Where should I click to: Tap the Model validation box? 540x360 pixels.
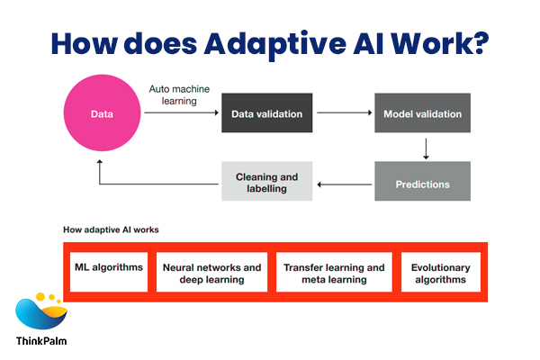[422, 114]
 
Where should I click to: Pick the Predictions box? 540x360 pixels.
[422, 183]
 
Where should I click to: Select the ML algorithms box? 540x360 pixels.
[107, 267]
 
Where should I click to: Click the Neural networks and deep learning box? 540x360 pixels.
[211, 274]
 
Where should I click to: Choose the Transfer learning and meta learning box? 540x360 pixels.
[334, 274]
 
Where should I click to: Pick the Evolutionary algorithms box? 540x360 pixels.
[439, 274]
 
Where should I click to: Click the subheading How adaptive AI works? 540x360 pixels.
[111, 229]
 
